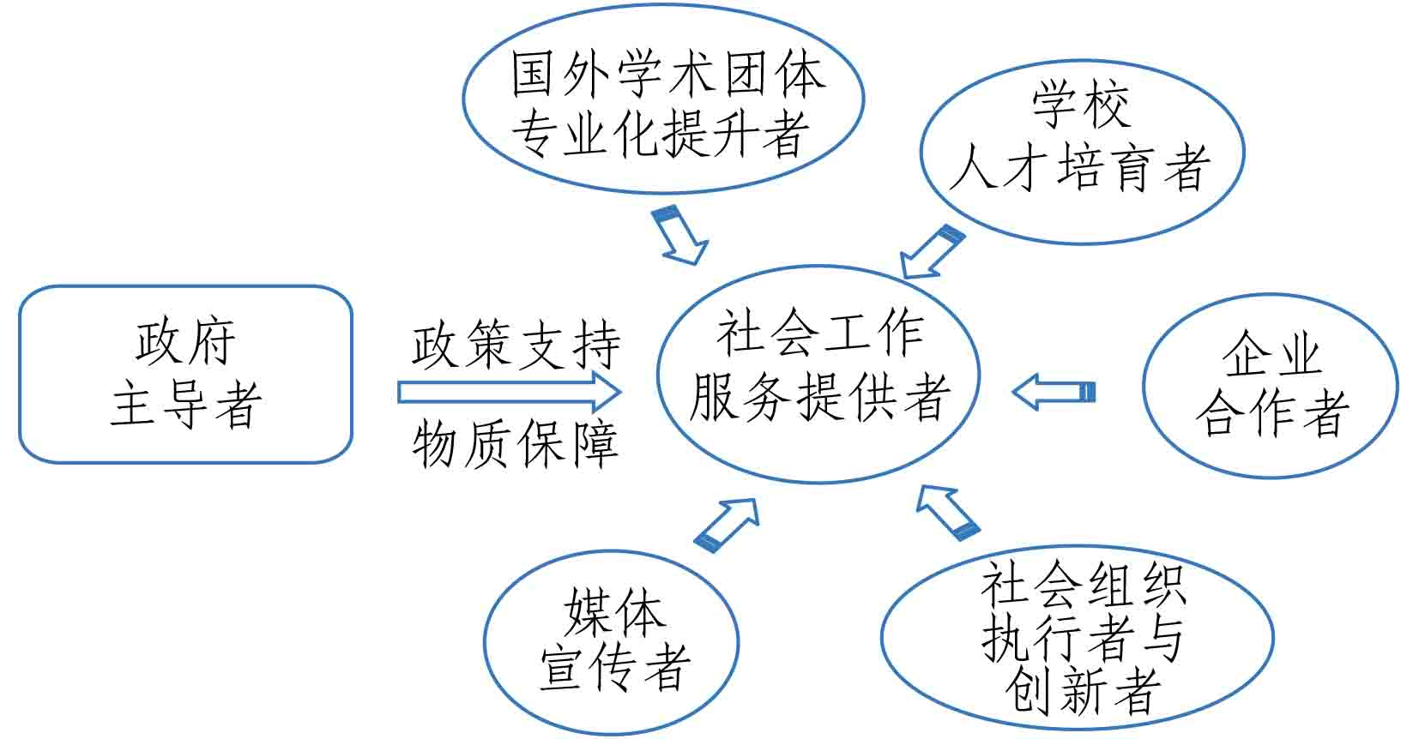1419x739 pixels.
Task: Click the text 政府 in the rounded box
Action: pos(185,343)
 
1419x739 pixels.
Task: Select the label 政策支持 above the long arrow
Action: pos(516,345)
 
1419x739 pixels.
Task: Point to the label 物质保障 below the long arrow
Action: pos(516,444)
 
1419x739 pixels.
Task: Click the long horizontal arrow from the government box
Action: pos(510,393)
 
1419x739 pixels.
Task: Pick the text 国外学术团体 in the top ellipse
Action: pos(667,75)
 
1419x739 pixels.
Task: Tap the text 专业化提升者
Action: pos(661,135)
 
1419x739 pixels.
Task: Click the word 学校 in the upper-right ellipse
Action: pos(1080,105)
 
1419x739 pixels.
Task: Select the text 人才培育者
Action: pos(1080,166)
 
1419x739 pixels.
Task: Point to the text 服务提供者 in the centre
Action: pos(820,397)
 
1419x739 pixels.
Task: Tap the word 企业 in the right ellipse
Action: pos(1271,354)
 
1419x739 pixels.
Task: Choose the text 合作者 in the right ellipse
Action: pos(1271,413)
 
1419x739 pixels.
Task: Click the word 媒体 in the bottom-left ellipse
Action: pos(613,610)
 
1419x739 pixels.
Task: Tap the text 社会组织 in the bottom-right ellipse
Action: pos(1083,586)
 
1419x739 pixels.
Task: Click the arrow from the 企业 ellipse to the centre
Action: pos(1054,393)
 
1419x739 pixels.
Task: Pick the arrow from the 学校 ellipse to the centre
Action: pos(932,251)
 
